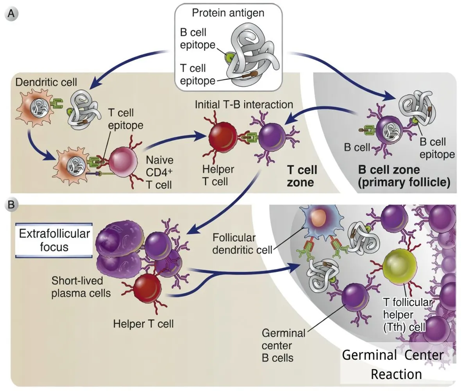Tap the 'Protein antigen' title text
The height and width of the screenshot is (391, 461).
coord(228,13)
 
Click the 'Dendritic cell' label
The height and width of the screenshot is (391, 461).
coord(41,83)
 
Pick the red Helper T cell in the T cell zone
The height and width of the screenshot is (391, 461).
coord(222,137)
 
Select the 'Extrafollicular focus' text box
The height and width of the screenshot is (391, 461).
coord(54,240)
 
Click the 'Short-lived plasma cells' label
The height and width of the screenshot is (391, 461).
coord(77,287)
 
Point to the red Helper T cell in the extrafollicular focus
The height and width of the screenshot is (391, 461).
coord(147,290)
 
